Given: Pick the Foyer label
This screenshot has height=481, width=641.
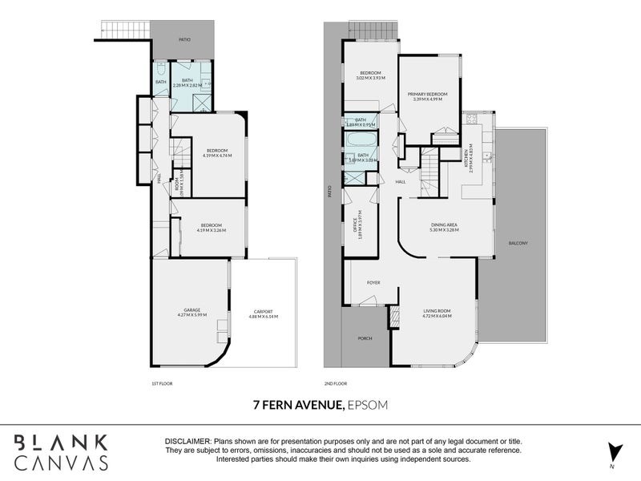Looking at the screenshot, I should point(373,283).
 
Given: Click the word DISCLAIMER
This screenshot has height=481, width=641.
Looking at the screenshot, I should point(187,442).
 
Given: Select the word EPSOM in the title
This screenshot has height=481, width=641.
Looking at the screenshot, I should point(368,405).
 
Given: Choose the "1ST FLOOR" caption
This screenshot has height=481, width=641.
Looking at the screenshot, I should point(161,384).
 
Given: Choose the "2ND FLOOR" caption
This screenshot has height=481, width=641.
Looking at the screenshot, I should point(334,384).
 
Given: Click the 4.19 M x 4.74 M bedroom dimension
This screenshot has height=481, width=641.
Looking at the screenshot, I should point(216,155).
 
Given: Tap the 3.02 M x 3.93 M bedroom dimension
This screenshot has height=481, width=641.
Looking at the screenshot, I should point(372,79).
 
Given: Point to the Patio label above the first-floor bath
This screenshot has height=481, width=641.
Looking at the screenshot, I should point(183,38).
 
